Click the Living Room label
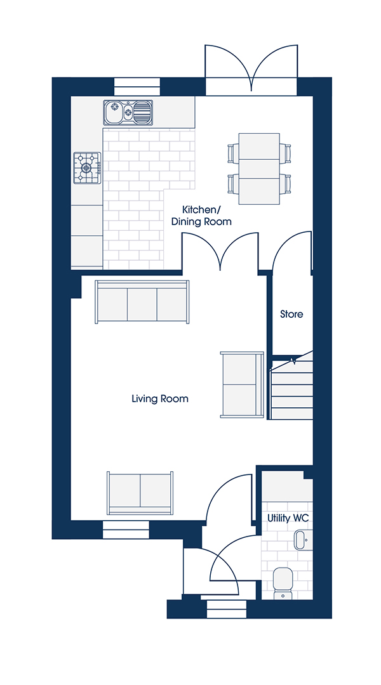[x=160, y=398]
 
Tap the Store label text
[x=291, y=314]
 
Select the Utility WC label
[x=288, y=518]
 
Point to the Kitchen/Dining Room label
[x=201, y=214]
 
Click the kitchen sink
[x=128, y=112]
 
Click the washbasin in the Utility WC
[x=301, y=540]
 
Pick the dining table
[x=259, y=169]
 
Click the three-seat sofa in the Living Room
[x=142, y=302]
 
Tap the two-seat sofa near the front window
[x=140, y=493]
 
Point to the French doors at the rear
[x=251, y=70]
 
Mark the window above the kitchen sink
[x=137, y=86]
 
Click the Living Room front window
[x=126, y=530]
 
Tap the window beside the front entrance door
[x=227, y=609]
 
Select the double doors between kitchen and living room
[x=220, y=251]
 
